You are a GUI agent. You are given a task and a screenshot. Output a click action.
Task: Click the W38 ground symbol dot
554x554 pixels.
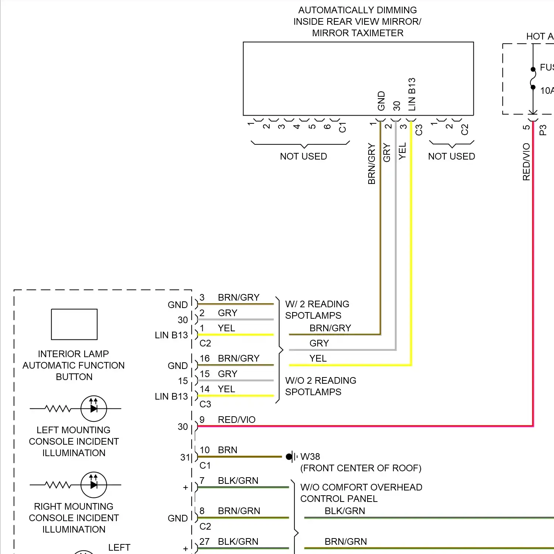(289, 457)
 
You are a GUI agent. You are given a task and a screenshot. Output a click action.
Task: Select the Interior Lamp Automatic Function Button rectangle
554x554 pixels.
(74, 324)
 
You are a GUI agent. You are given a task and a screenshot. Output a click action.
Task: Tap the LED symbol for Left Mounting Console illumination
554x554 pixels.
(94, 408)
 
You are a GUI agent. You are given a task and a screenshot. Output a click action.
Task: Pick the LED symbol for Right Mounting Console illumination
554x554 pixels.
(94, 485)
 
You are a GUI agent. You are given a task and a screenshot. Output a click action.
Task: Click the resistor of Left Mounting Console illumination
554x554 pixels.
(57, 408)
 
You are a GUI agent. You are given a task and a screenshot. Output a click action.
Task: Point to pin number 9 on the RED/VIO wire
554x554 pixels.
(202, 420)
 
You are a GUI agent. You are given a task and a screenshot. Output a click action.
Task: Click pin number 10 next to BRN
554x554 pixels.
(205, 450)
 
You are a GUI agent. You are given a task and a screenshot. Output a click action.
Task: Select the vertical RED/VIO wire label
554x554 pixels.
(526, 162)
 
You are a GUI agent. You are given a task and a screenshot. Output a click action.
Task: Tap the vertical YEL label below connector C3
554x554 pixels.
(402, 151)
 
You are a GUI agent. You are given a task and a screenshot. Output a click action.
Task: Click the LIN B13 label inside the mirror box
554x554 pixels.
(412, 94)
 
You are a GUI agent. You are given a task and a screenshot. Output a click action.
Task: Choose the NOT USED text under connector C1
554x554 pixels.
(303, 156)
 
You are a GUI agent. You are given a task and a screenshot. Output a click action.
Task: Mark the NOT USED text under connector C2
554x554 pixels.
(451, 156)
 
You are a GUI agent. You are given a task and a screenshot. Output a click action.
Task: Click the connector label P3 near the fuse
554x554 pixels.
(543, 130)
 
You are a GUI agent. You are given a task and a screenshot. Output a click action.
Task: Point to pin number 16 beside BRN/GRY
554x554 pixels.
(205, 358)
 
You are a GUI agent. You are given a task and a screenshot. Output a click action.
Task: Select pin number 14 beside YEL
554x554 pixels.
(205, 389)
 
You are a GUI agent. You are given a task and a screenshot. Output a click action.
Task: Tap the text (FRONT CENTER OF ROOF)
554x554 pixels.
(360, 468)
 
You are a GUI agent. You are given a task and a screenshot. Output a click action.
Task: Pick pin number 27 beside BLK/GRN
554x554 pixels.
(205, 541)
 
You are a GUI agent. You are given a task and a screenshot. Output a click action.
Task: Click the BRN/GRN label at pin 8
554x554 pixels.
(239, 511)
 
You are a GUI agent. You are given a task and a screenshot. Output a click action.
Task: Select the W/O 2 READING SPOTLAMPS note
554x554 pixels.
(320, 386)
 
